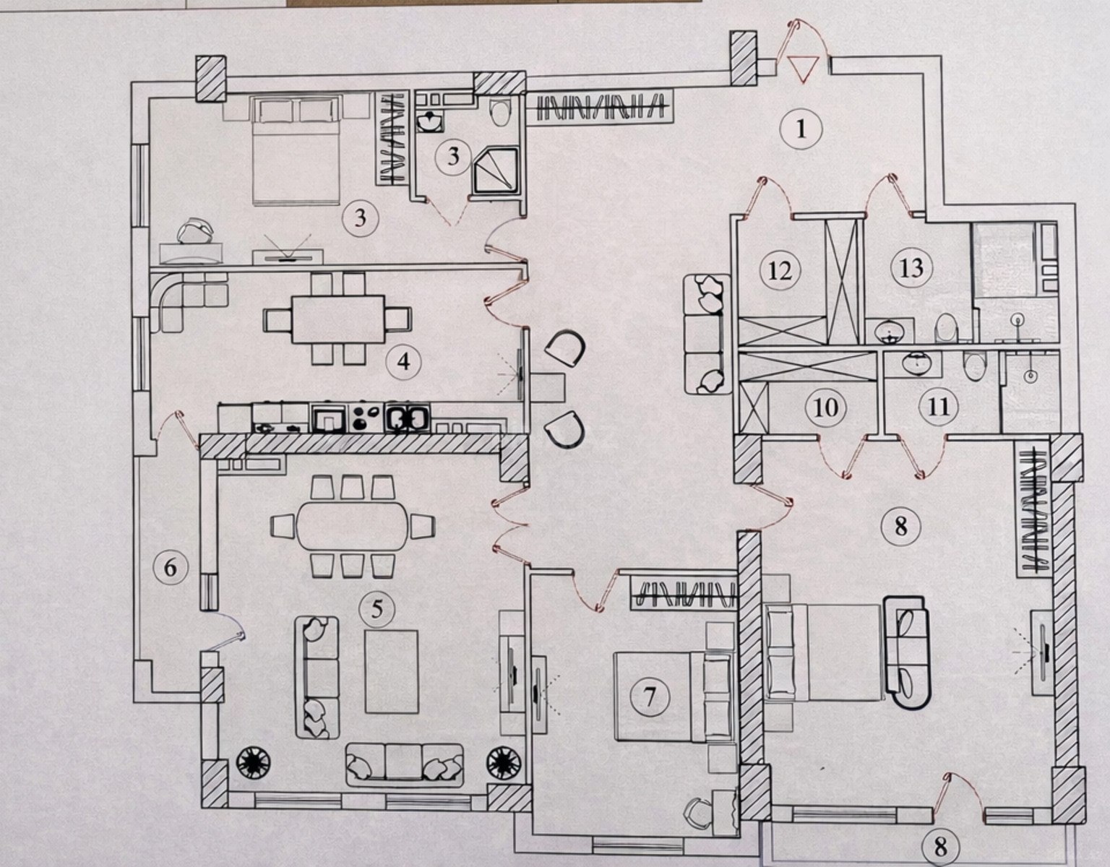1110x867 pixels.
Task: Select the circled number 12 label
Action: coord(780,270)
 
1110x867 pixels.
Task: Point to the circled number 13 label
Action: coord(912,267)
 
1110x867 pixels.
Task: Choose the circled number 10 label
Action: coord(825,408)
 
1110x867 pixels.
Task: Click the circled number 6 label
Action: coord(170,567)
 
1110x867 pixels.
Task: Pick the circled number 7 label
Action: coord(650,696)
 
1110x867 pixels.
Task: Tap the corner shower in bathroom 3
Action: coord(496,171)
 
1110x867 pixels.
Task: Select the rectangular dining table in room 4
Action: coord(337,319)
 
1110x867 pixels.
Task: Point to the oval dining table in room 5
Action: coord(353,525)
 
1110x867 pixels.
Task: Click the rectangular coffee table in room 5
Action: coord(392,671)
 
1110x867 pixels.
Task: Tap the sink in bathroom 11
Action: coord(916,363)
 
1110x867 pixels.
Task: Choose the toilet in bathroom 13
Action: coord(947,328)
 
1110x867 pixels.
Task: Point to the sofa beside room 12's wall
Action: coord(707,334)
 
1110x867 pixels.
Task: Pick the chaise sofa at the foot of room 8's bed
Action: coord(907,652)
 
